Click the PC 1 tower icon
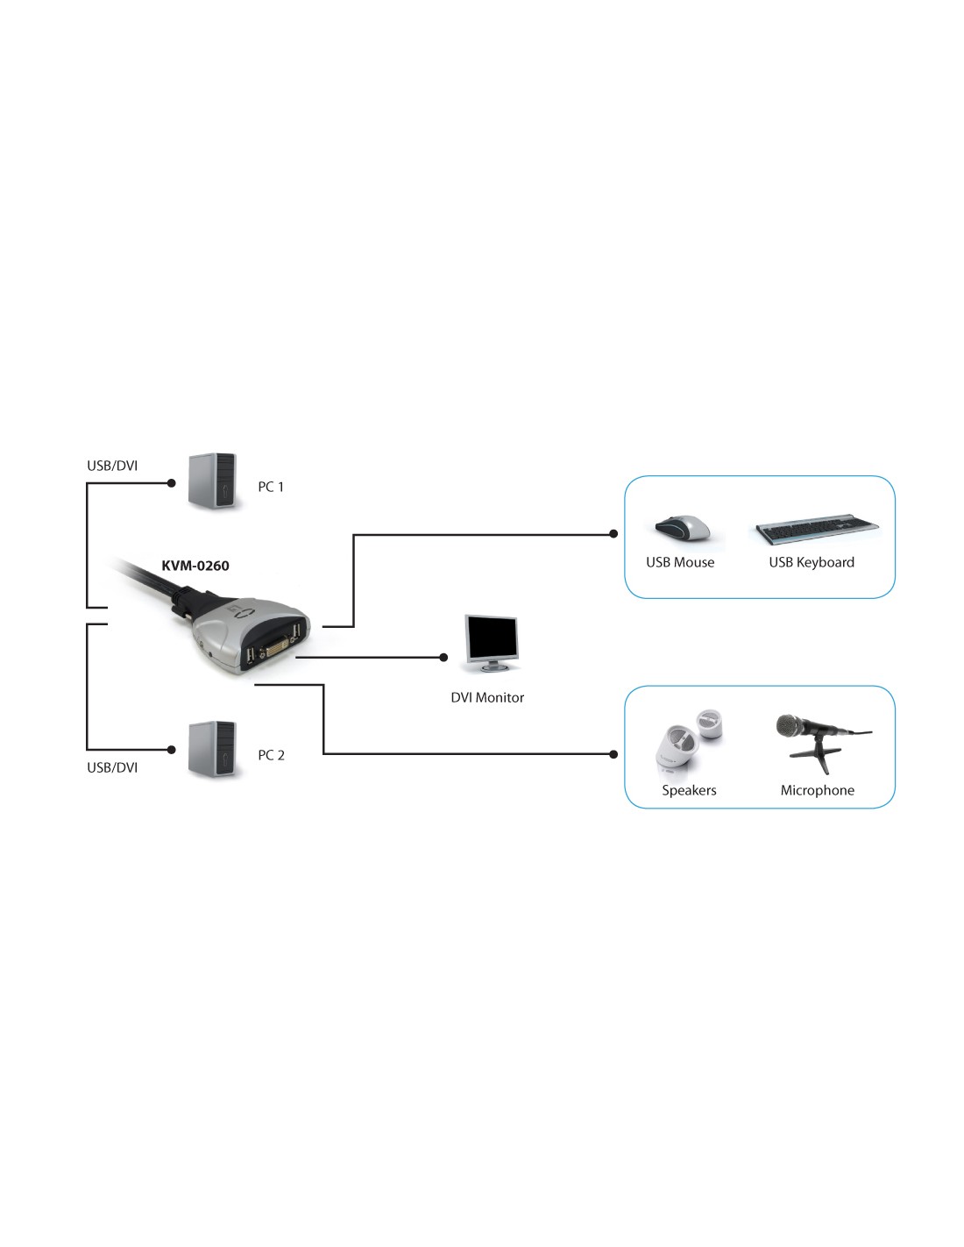(212, 481)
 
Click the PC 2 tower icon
(212, 749)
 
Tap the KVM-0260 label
(195, 566)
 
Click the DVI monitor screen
(491, 637)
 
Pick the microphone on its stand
(820, 741)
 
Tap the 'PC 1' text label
(271, 487)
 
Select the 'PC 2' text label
(271, 755)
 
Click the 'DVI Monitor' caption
(487, 697)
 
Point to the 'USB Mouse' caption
(680, 562)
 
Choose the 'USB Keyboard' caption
(812, 562)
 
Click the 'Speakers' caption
(689, 790)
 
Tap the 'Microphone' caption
(817, 790)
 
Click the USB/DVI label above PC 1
(112, 466)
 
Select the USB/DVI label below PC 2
(112, 767)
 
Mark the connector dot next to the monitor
(443, 657)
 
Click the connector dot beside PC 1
(171, 483)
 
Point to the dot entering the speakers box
(613, 754)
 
